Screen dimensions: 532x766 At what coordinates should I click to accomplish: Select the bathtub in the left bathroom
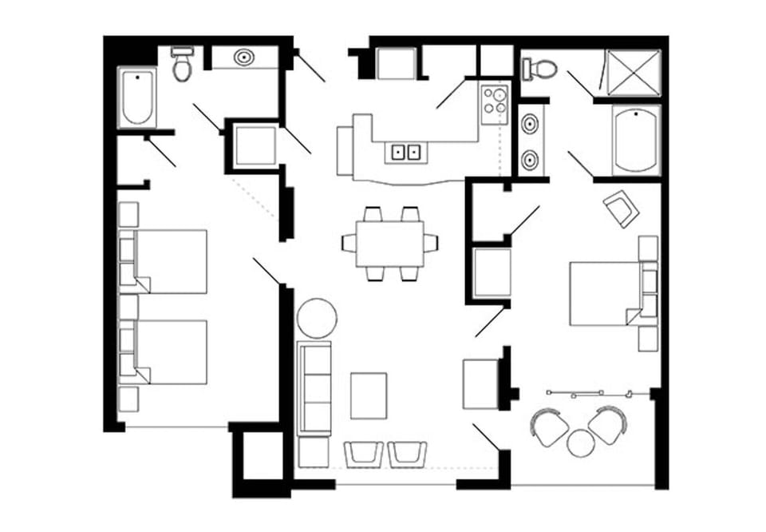137,97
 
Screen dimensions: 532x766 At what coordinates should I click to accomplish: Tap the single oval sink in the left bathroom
243,58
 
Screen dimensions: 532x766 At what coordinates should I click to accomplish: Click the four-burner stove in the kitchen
495,104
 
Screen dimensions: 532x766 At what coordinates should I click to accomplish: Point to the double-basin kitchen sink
406,151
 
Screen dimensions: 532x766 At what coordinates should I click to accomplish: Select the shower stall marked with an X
634,73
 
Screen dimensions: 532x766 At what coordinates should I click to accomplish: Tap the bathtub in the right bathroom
636,140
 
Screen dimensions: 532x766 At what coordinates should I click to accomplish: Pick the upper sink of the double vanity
531,125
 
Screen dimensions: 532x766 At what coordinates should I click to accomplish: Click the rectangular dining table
390,243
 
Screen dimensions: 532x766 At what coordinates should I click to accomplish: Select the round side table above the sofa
317,317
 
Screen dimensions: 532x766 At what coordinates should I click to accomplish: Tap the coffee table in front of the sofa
368,395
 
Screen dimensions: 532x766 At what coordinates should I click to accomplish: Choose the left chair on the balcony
551,427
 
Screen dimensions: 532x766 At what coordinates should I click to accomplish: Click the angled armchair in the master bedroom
621,209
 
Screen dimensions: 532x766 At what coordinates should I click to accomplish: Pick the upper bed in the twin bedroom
170,261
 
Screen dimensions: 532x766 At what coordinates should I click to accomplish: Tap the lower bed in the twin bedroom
170,351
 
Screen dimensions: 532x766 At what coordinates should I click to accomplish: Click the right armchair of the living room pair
407,454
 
